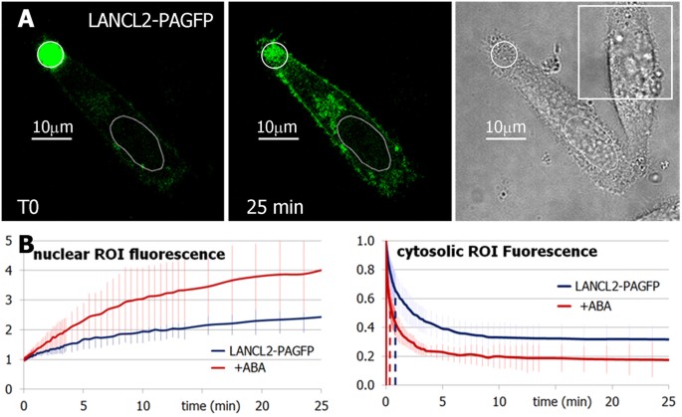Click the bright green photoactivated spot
(x=51, y=55)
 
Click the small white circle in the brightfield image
(x=507, y=55)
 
